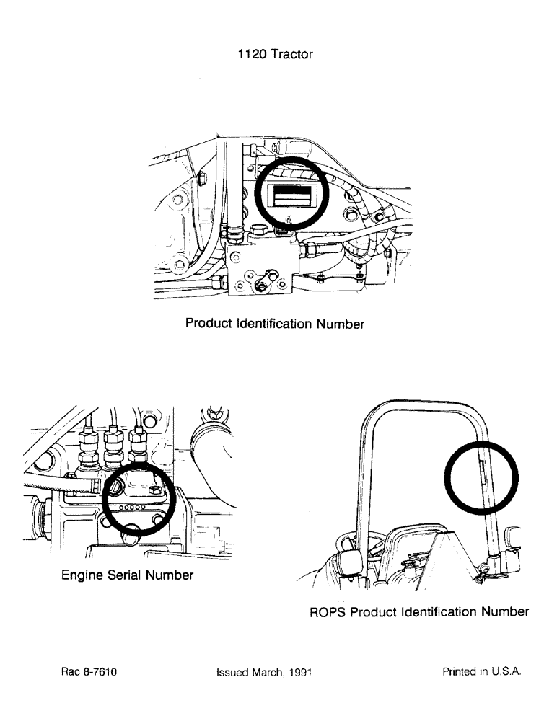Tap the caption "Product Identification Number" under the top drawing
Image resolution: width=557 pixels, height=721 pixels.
tap(274, 324)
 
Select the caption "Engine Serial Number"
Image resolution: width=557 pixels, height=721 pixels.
tap(127, 575)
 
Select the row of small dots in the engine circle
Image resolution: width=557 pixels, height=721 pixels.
tap(134, 508)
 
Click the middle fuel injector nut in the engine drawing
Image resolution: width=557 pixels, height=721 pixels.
tap(113, 446)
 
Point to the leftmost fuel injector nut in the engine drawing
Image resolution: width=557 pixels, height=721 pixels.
tap(89, 446)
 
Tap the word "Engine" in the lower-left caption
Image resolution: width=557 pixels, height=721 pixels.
tap(82, 575)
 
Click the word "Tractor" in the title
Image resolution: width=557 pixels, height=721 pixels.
tap(291, 55)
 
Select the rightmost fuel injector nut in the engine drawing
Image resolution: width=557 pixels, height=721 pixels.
tap(137, 446)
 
